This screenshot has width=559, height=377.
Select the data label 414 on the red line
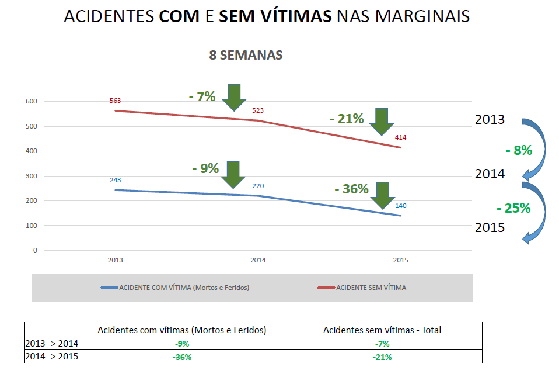click(x=400, y=138)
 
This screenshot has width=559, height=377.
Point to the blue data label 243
click(x=115, y=180)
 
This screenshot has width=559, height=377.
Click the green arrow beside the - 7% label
click(x=235, y=97)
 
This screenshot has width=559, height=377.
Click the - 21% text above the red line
click(x=347, y=119)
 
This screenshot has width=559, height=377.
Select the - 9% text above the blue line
click(x=205, y=168)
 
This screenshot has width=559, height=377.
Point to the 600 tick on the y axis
click(x=32, y=102)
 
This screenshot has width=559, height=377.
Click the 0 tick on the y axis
click(x=35, y=250)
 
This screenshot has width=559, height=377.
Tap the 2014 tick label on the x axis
click(x=258, y=260)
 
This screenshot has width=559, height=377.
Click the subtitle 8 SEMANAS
click(x=246, y=55)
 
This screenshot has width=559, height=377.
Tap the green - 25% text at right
click(x=513, y=208)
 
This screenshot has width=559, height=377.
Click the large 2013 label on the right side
click(x=490, y=120)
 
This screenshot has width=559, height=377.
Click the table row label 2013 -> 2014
click(x=53, y=344)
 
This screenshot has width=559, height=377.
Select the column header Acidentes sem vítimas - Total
click(x=382, y=330)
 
